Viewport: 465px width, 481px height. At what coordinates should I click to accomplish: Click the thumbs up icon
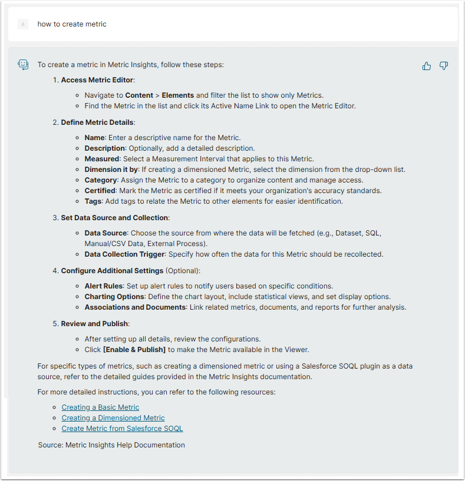[427, 66]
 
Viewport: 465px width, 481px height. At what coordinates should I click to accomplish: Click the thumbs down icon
[444, 66]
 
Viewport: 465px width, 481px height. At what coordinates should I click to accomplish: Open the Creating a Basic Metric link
[100, 407]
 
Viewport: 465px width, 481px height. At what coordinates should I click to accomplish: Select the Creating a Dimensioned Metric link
[113, 417]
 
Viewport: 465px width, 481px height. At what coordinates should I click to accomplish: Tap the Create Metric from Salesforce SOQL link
[122, 428]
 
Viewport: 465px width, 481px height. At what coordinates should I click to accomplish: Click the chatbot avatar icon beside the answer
[23, 65]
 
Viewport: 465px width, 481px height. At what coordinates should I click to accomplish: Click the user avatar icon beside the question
[23, 24]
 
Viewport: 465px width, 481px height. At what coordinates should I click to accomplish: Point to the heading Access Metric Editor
[97, 79]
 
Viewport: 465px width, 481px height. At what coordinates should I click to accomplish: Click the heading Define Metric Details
[97, 122]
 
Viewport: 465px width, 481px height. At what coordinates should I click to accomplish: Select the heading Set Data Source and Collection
[114, 217]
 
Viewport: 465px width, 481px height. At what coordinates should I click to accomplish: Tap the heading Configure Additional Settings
[112, 270]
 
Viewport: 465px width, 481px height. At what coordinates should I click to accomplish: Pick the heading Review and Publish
[94, 323]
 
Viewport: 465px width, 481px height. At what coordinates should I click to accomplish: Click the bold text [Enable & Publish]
[134, 349]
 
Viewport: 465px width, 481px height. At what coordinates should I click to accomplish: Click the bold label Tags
[93, 201]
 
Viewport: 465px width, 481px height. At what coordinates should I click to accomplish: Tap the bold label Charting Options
[114, 296]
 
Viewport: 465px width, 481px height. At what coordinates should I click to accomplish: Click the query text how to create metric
[72, 24]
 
